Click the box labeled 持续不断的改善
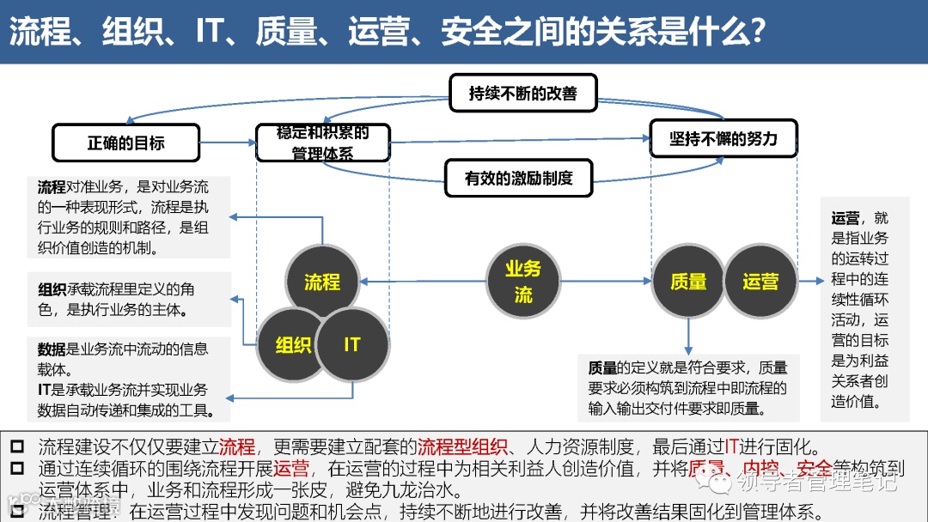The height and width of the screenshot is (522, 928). click(x=522, y=93)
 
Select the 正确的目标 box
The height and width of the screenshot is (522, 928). click(x=125, y=143)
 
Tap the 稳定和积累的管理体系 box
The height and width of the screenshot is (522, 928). click(x=322, y=143)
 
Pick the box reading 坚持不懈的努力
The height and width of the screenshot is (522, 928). click(x=723, y=138)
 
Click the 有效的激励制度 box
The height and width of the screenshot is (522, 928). click(x=518, y=179)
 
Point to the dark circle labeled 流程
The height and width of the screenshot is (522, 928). click(x=322, y=282)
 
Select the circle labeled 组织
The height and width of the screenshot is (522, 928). click(x=293, y=344)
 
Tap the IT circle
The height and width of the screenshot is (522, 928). click(x=352, y=344)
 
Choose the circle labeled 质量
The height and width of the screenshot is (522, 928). click(x=688, y=282)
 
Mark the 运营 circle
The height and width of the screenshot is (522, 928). click(x=760, y=282)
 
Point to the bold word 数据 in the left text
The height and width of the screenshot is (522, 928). click(x=52, y=349)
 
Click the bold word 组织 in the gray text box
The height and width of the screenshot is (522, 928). click(x=52, y=290)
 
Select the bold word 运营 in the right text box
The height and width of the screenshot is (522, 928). click(x=846, y=218)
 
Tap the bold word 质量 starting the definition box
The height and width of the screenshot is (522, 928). click(x=602, y=368)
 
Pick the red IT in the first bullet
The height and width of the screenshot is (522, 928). click(x=732, y=447)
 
